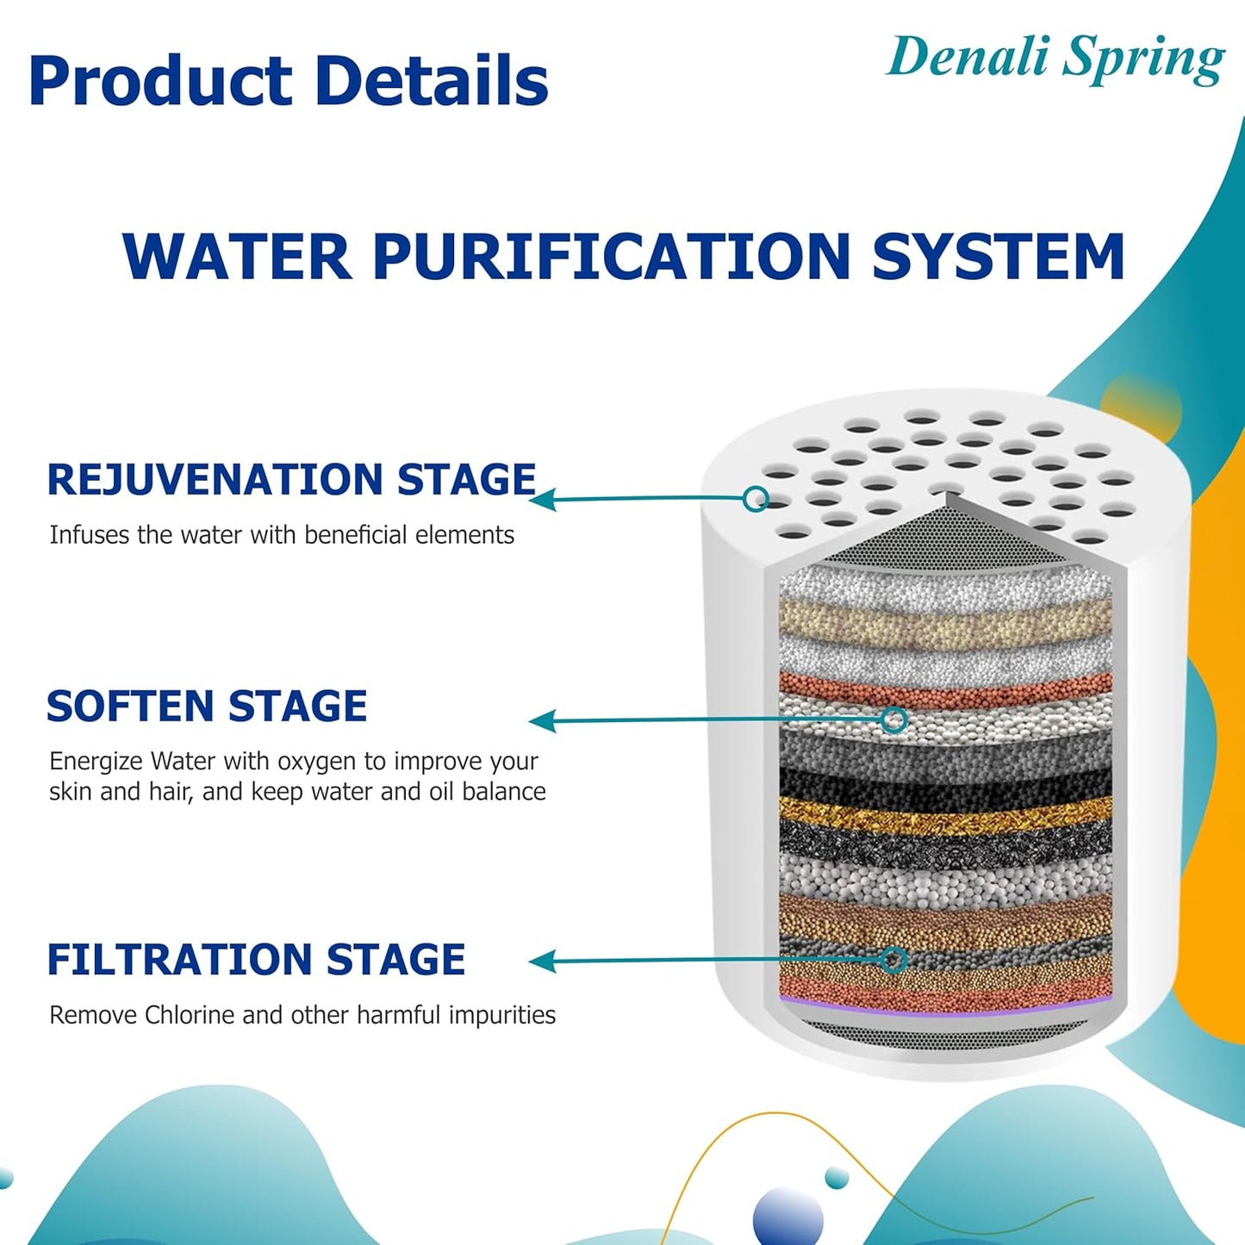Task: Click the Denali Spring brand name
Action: [x=1055, y=59]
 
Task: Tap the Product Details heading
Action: [x=289, y=82]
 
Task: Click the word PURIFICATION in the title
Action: [x=612, y=256]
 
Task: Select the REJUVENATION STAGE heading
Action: [x=291, y=480]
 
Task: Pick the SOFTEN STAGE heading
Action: [x=207, y=707]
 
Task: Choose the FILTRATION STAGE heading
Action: [x=256, y=960]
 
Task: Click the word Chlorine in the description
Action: [x=190, y=1015]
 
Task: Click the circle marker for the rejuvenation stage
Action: [x=756, y=498]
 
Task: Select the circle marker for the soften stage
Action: [x=894, y=719]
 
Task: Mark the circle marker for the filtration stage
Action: [x=894, y=959]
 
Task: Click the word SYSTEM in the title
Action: [x=998, y=256]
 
